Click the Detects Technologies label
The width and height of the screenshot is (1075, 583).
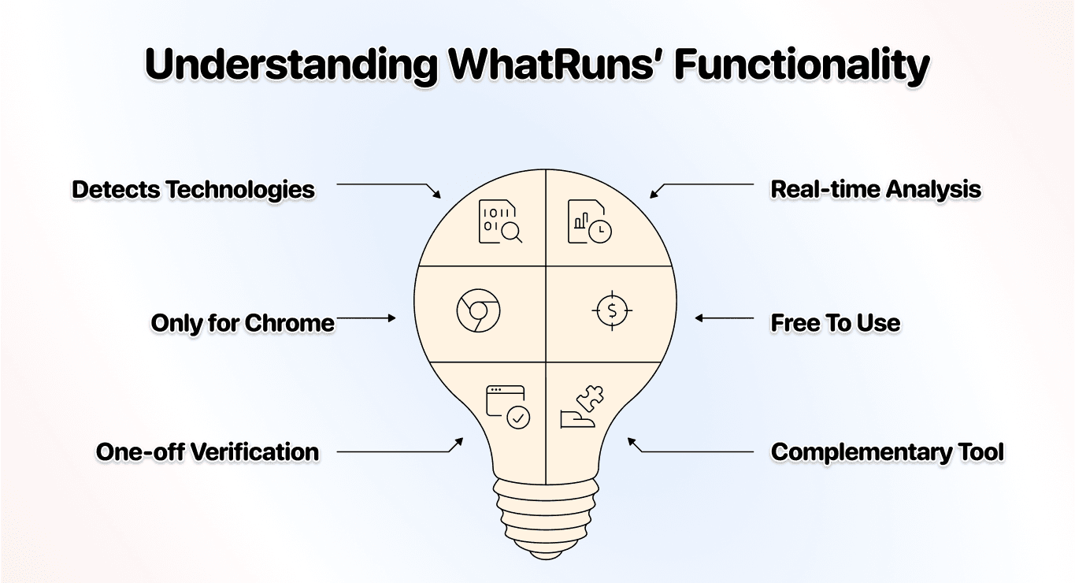193,190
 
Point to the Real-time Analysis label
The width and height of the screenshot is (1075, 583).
876,190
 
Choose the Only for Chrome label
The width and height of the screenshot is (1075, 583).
243,323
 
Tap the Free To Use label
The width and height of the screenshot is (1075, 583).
835,323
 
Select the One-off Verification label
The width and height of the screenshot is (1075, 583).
208,452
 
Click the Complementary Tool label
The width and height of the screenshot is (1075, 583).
888,452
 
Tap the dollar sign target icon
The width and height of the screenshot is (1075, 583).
612,311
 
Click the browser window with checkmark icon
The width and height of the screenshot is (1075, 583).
507,407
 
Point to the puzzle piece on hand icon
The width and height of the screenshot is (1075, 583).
579,409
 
